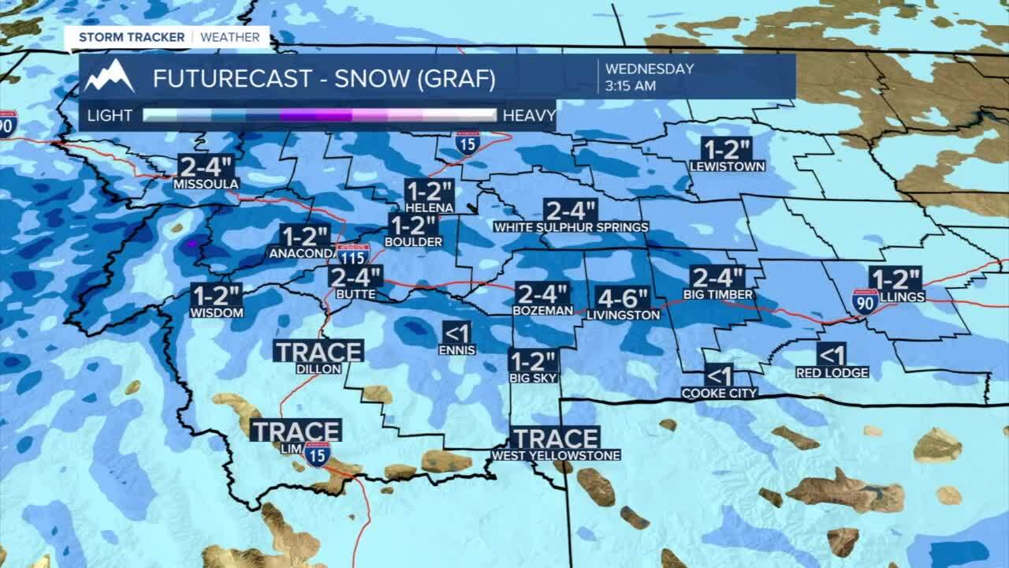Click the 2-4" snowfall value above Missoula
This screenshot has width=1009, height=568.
(x=206, y=166)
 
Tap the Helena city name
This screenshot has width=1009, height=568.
(x=430, y=207)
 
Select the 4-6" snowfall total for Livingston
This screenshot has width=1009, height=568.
(x=623, y=298)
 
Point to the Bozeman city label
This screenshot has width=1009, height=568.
(x=542, y=311)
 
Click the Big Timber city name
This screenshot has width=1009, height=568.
(x=718, y=295)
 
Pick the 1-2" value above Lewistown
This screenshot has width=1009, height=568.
(x=727, y=149)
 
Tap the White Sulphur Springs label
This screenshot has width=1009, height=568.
(x=571, y=227)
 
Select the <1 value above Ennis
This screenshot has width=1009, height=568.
(x=457, y=331)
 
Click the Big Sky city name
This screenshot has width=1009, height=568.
(x=534, y=378)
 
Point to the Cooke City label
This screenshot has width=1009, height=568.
(x=719, y=393)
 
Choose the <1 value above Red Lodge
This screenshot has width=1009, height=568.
(x=832, y=353)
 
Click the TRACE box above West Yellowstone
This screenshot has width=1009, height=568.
(x=555, y=438)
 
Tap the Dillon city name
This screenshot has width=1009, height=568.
(x=318, y=368)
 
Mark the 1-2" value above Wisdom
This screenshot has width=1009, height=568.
(x=217, y=295)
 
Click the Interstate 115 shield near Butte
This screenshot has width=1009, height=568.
(x=353, y=254)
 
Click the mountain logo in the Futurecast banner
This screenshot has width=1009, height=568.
(x=110, y=77)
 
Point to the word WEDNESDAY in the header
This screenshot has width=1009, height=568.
(x=649, y=69)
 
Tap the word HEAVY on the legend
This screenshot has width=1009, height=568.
(x=529, y=116)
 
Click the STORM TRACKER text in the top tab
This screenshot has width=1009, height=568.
(x=131, y=37)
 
